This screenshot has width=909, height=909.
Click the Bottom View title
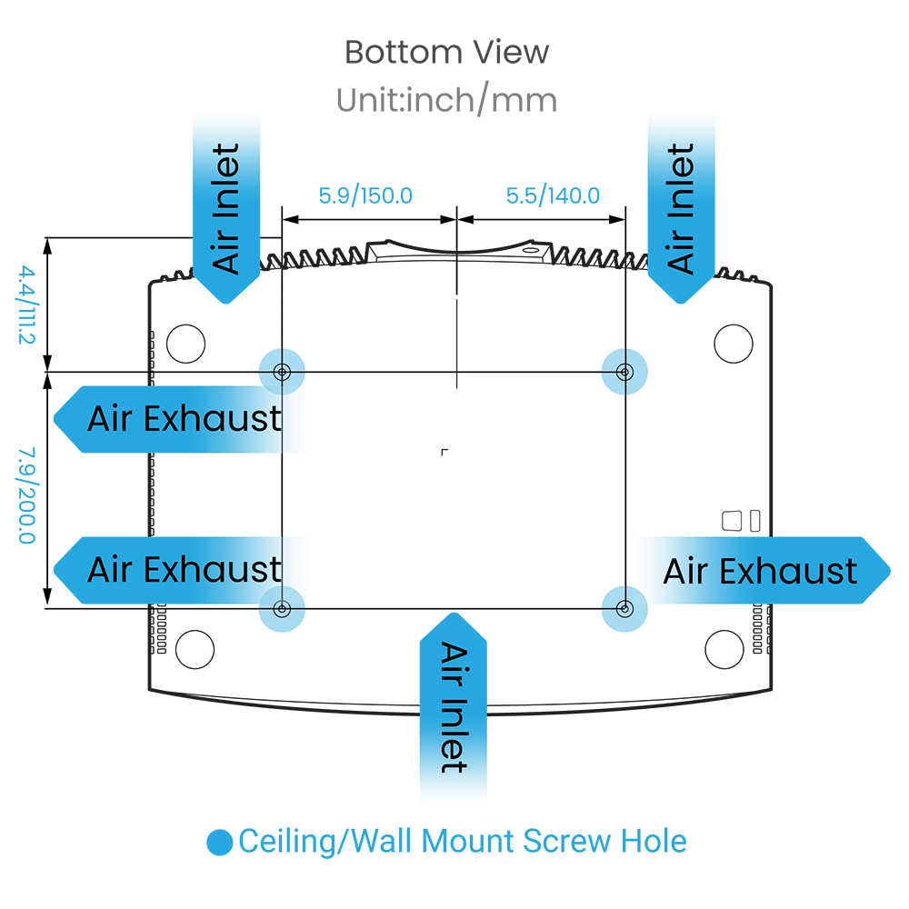(446, 52)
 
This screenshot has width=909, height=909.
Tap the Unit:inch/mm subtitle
(446, 99)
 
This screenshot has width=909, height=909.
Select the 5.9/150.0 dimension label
(365, 195)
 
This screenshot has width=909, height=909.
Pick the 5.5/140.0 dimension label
(553, 195)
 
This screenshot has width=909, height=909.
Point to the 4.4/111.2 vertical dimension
(25, 305)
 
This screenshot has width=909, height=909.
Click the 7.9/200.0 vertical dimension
(25, 495)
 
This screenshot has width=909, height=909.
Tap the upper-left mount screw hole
(282, 371)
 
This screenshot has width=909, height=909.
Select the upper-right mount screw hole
(624, 371)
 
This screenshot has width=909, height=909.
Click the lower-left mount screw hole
(282, 608)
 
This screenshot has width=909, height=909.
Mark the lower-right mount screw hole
(624, 608)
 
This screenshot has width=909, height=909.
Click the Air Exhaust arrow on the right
(762, 571)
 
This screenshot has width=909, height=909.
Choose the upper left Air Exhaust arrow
(182, 419)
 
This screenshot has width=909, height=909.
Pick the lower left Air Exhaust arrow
(182, 570)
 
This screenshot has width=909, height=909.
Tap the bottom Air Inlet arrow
(453, 709)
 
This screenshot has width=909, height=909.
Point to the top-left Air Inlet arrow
(227, 207)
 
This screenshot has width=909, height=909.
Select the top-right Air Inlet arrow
(681, 207)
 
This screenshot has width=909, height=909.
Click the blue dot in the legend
(220, 843)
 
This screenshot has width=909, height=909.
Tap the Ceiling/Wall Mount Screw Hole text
(463, 841)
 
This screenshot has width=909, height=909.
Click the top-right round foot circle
(734, 343)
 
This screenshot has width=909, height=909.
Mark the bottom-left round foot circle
(195, 648)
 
